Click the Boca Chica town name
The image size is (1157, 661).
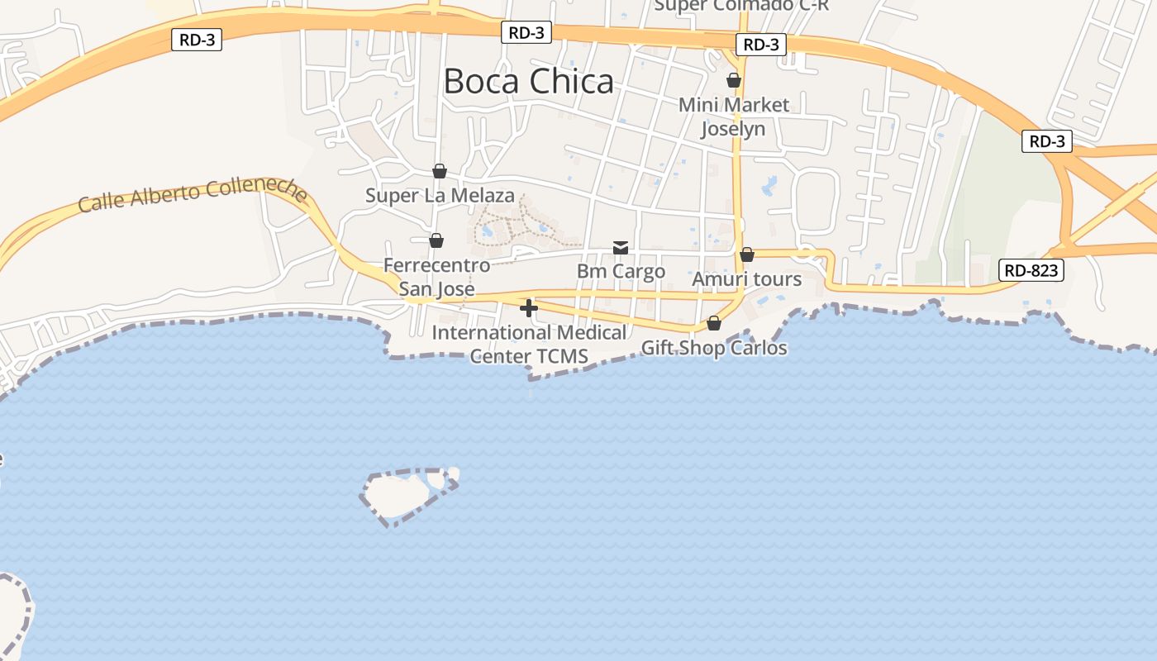click(529, 81)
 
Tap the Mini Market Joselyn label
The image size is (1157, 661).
click(734, 117)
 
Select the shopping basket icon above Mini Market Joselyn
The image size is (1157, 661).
click(733, 80)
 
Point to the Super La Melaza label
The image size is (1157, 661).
click(440, 196)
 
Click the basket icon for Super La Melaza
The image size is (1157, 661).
click(440, 171)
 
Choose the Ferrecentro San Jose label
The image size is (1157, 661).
click(436, 277)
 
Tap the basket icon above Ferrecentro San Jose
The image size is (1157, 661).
click(436, 240)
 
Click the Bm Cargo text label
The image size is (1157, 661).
click(621, 271)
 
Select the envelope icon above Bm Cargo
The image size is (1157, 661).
click(621, 248)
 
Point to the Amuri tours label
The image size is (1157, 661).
click(746, 279)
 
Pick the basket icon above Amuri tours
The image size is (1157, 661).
click(747, 254)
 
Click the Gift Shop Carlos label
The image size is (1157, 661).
click(714, 348)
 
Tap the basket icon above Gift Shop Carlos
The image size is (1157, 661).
click(714, 323)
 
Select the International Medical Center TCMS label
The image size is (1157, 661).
click(529, 345)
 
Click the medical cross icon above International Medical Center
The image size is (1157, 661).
click(529, 308)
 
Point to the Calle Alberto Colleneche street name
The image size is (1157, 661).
click(193, 194)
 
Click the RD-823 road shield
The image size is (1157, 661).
click(1031, 270)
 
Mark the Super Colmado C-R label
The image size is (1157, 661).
click(741, 5)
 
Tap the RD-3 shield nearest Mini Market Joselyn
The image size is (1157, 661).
click(760, 45)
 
